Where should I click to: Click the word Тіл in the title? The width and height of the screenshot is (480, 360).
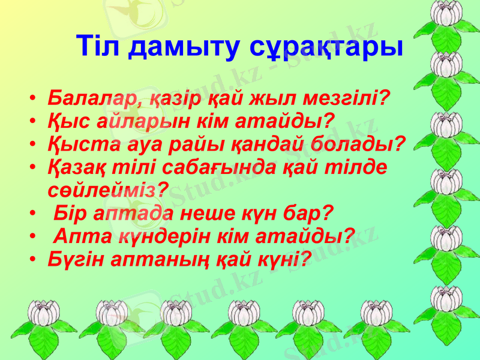point(99,46)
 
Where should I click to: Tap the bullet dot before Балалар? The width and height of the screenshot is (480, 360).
point(35,98)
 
